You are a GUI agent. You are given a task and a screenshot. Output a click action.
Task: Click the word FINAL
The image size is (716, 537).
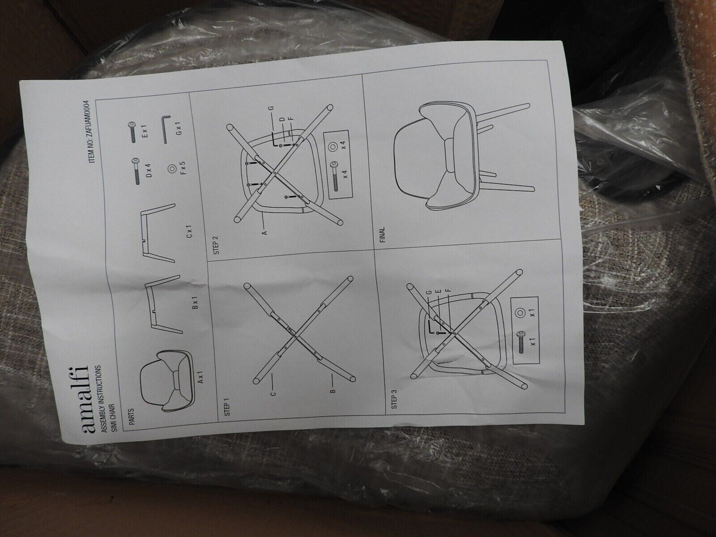[x=383, y=234]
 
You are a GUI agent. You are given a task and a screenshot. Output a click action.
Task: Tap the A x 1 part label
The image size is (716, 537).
[x=201, y=378]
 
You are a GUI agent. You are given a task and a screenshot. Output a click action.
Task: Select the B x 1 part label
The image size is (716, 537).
[x=196, y=303]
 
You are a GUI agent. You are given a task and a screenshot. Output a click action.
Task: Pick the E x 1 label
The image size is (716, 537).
[x=145, y=132]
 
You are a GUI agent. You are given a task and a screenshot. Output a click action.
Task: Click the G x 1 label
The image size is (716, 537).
[x=181, y=129]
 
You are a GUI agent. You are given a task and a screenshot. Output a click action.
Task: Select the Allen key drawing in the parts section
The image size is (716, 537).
[x=166, y=128]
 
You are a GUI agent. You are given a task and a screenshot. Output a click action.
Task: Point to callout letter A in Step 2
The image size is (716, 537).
[x=265, y=232]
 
